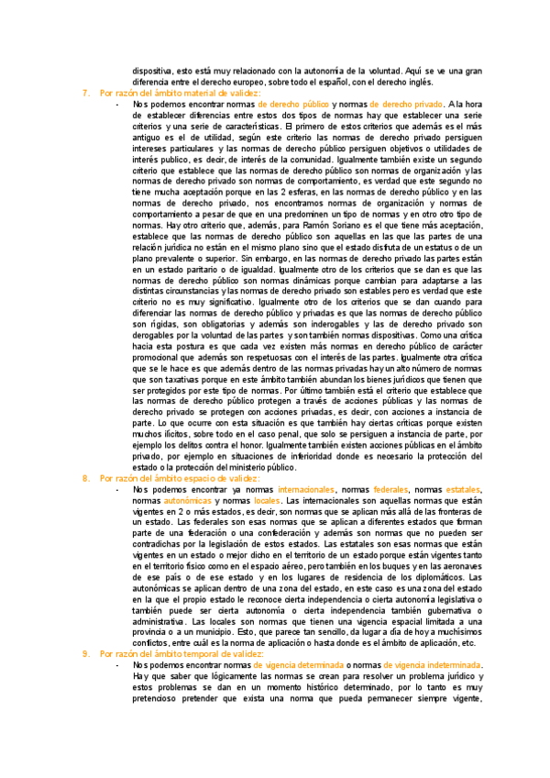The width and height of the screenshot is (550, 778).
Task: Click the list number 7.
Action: click(x=85, y=94)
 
